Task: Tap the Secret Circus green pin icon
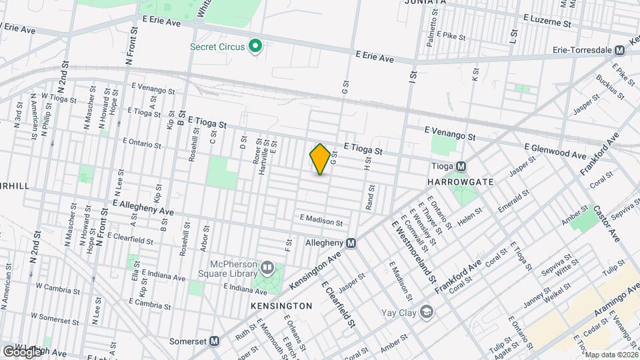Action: coord(255,47)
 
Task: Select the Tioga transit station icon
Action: coord(461,167)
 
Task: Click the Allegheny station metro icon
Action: coord(351,244)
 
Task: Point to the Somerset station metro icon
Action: coord(215,341)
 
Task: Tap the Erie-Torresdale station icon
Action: coord(619,50)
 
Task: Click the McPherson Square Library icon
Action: coord(267,268)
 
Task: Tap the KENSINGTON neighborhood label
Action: coord(281,306)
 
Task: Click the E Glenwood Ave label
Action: coord(555,150)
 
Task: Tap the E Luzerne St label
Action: coord(547,21)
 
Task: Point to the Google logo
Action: coord(21,351)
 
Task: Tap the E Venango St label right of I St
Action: coord(451,134)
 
